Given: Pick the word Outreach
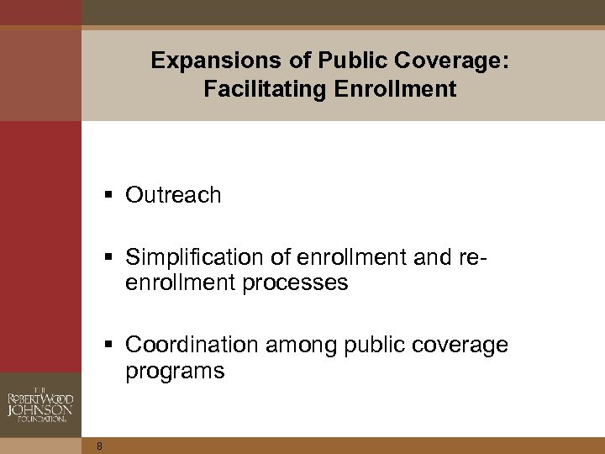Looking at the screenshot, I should point(174,195).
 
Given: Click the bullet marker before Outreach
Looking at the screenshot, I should point(112,196).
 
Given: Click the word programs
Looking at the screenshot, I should point(176,372).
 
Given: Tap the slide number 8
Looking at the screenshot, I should point(99,446).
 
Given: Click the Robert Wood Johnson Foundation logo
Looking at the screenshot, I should point(40,399).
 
